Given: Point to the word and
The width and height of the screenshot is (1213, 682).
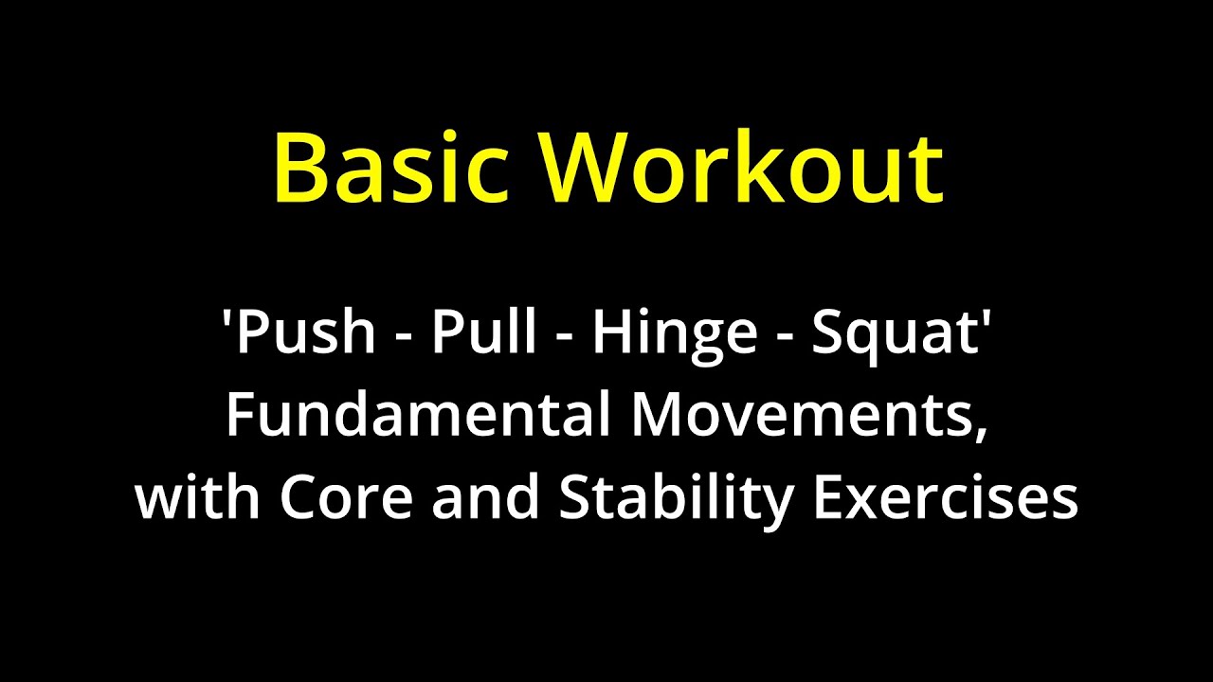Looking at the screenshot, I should coord(485,498).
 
